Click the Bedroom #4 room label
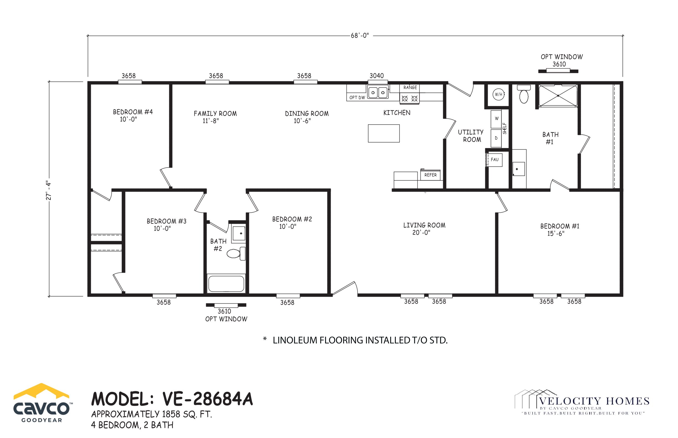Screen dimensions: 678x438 pyautogui.click(x=133, y=112)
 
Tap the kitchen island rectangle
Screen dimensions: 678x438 pyautogui.click(x=383, y=133)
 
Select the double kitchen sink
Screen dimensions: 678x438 pyautogui.click(x=378, y=92)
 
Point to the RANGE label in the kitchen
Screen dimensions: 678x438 pyautogui.click(x=410, y=88)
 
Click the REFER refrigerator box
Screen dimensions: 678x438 pyautogui.click(x=430, y=175)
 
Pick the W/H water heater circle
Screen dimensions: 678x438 pyautogui.click(x=498, y=94)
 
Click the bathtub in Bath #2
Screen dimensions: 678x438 pyautogui.click(x=226, y=283)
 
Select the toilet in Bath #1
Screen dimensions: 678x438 pyautogui.click(x=524, y=94)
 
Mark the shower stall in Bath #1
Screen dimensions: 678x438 pyautogui.click(x=558, y=96)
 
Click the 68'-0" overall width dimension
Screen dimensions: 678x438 pyautogui.click(x=359, y=36)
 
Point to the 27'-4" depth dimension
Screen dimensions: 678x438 pyautogui.click(x=49, y=191)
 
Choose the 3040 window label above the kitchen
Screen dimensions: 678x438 pyautogui.click(x=377, y=76)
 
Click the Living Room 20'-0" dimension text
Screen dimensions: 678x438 pyautogui.click(x=421, y=233)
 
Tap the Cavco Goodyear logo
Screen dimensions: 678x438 pyautogui.click(x=42, y=403)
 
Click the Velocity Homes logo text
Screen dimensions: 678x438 pyautogui.click(x=594, y=401)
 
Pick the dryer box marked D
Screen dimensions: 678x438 pyautogui.click(x=496, y=138)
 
